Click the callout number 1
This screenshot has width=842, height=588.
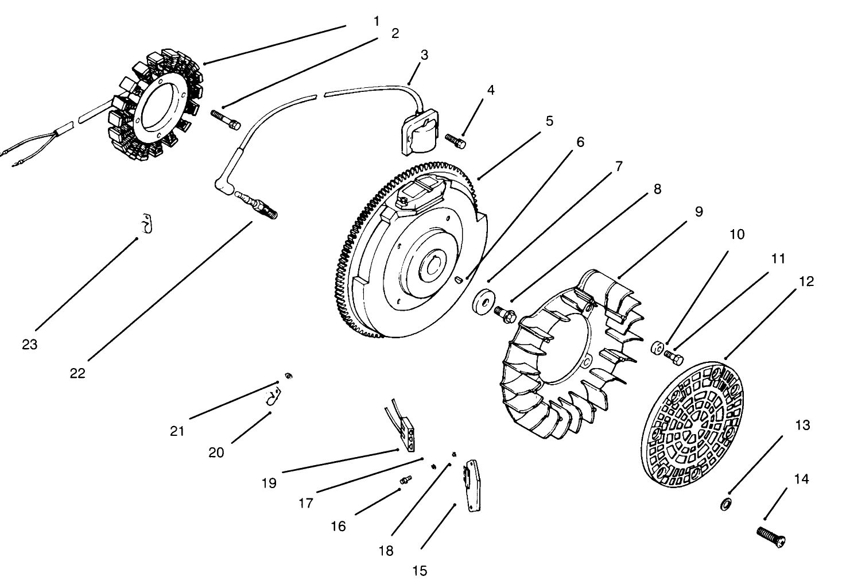click(x=377, y=21)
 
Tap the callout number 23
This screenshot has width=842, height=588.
click(x=29, y=344)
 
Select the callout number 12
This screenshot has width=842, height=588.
click(x=806, y=281)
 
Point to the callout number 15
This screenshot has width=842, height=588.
click(x=420, y=570)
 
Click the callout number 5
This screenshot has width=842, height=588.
click(x=549, y=121)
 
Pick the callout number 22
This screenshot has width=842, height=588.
click(x=77, y=373)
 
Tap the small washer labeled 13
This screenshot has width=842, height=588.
click(x=725, y=505)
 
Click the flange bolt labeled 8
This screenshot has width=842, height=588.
click(x=505, y=314)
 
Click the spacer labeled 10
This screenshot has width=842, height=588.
click(x=657, y=348)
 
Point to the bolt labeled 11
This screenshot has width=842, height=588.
click(x=674, y=357)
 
